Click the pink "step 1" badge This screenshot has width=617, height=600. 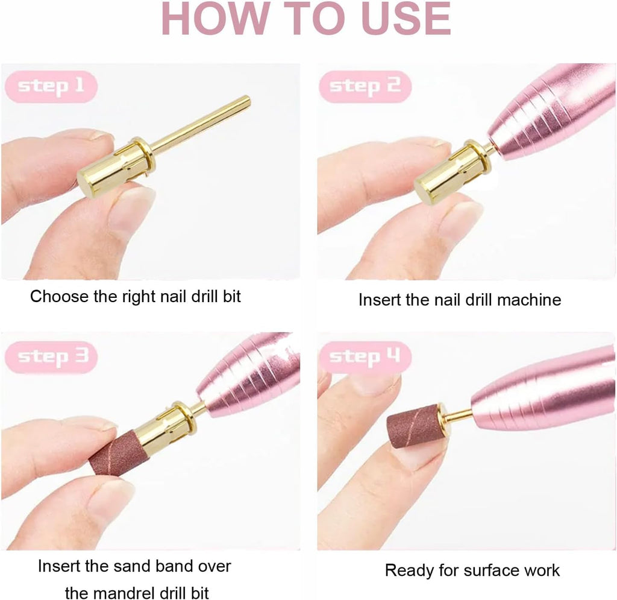tap(51, 87)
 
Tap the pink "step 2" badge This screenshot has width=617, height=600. tap(365, 87)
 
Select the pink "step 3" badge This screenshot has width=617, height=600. tap(51, 357)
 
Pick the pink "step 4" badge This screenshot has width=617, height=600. tap(365, 357)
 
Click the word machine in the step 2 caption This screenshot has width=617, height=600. tap(529, 300)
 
